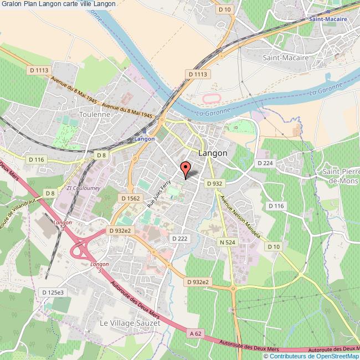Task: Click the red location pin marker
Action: pos(186,168)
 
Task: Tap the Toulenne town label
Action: pos(95,114)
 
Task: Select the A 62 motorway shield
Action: pos(194,333)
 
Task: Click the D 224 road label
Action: pos(265,163)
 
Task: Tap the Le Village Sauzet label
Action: pos(130,322)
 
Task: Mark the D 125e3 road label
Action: pos(54,291)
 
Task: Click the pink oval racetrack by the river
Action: pos(210,99)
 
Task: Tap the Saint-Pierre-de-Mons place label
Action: pos(340,177)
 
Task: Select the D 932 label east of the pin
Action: pos(214,183)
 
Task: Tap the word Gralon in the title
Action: pos(11,4)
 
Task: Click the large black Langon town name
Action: pos(212,153)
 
